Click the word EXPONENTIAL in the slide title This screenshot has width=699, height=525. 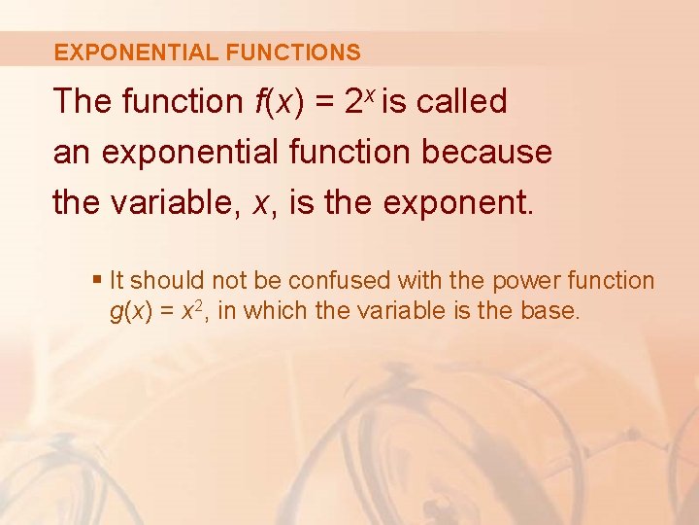point(135,52)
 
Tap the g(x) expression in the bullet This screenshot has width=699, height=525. point(130,312)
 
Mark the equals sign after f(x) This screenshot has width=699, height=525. point(322,101)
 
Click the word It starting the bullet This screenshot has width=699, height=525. point(116,281)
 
